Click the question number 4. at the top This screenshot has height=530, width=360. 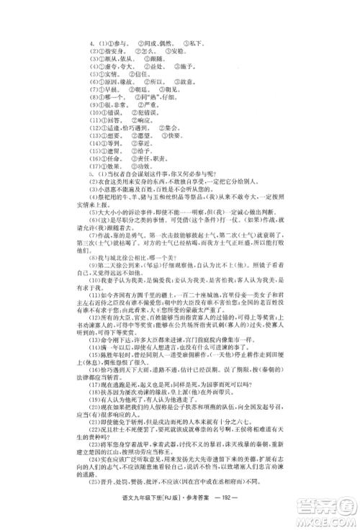pos(93,33)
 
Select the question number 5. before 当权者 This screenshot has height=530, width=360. pos(93,174)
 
